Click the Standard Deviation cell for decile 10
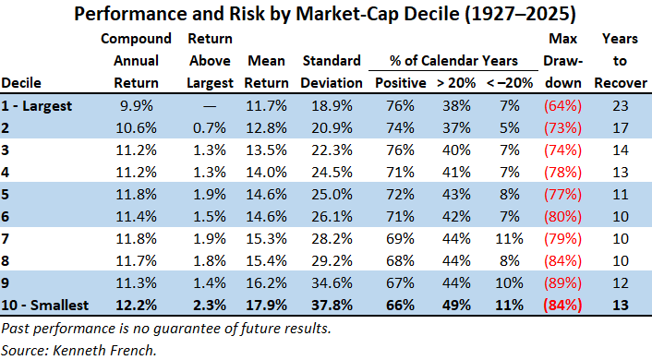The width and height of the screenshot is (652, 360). pyautogui.click(x=332, y=306)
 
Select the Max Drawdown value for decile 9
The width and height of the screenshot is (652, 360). pyautogui.click(x=562, y=283)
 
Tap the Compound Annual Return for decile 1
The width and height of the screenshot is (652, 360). pyautogui.click(x=137, y=105)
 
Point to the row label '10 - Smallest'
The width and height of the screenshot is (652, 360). pyautogui.click(x=45, y=306)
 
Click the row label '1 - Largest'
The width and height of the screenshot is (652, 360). pyautogui.click(x=37, y=105)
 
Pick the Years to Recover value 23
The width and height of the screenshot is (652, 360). pyautogui.click(x=620, y=105)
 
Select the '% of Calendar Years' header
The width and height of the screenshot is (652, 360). pyautogui.click(x=453, y=61)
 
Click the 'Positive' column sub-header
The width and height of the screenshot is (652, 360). pyautogui.click(x=401, y=83)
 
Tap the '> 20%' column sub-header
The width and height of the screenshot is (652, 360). pyautogui.click(x=456, y=83)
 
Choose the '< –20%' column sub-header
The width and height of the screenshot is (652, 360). pyautogui.click(x=510, y=83)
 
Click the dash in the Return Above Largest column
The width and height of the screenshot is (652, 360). pyautogui.click(x=210, y=106)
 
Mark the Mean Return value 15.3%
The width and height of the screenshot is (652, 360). pyautogui.click(x=266, y=238)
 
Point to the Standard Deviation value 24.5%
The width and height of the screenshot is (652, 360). pyautogui.click(x=332, y=172)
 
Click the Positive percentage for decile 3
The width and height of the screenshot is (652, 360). pyautogui.click(x=400, y=150)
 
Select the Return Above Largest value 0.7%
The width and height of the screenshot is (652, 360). pyautogui.click(x=210, y=128)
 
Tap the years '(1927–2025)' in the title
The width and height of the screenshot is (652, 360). pyautogui.click(x=520, y=14)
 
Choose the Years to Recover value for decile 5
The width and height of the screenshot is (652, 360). pyautogui.click(x=620, y=195)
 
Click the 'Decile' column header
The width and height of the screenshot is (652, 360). pyautogui.click(x=21, y=83)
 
